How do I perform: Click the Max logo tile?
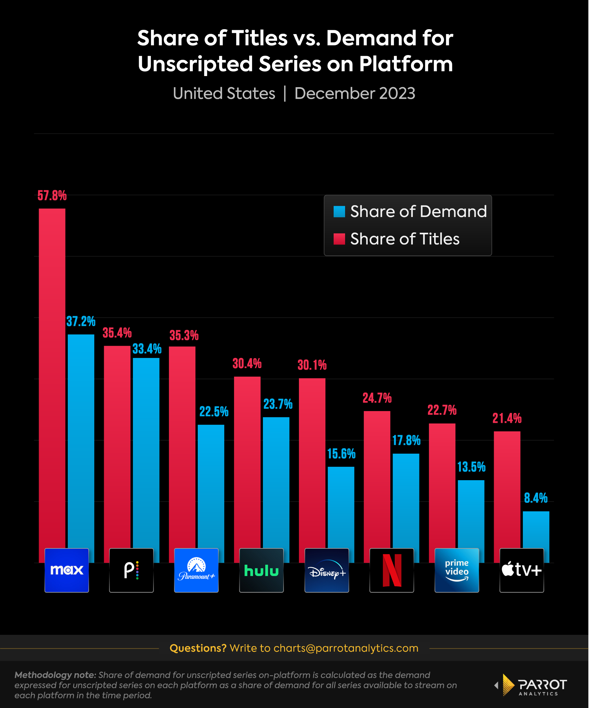point(67,570)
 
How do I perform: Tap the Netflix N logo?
point(392,570)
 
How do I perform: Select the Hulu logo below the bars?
point(261,570)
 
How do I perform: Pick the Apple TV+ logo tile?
point(522,570)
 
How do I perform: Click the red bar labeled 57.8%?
point(52,371)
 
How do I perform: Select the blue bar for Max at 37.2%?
point(81,438)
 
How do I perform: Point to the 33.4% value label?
point(147,349)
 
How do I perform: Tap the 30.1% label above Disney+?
point(312,365)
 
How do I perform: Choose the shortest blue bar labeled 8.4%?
point(536,536)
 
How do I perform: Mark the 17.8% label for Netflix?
point(406,440)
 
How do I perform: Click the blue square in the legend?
point(339,212)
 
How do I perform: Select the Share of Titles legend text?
point(405,239)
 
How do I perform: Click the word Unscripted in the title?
point(196,64)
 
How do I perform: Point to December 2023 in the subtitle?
point(355,93)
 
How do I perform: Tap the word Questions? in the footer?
point(198,648)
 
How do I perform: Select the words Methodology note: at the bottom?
point(55,675)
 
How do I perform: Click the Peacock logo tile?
point(131,570)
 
